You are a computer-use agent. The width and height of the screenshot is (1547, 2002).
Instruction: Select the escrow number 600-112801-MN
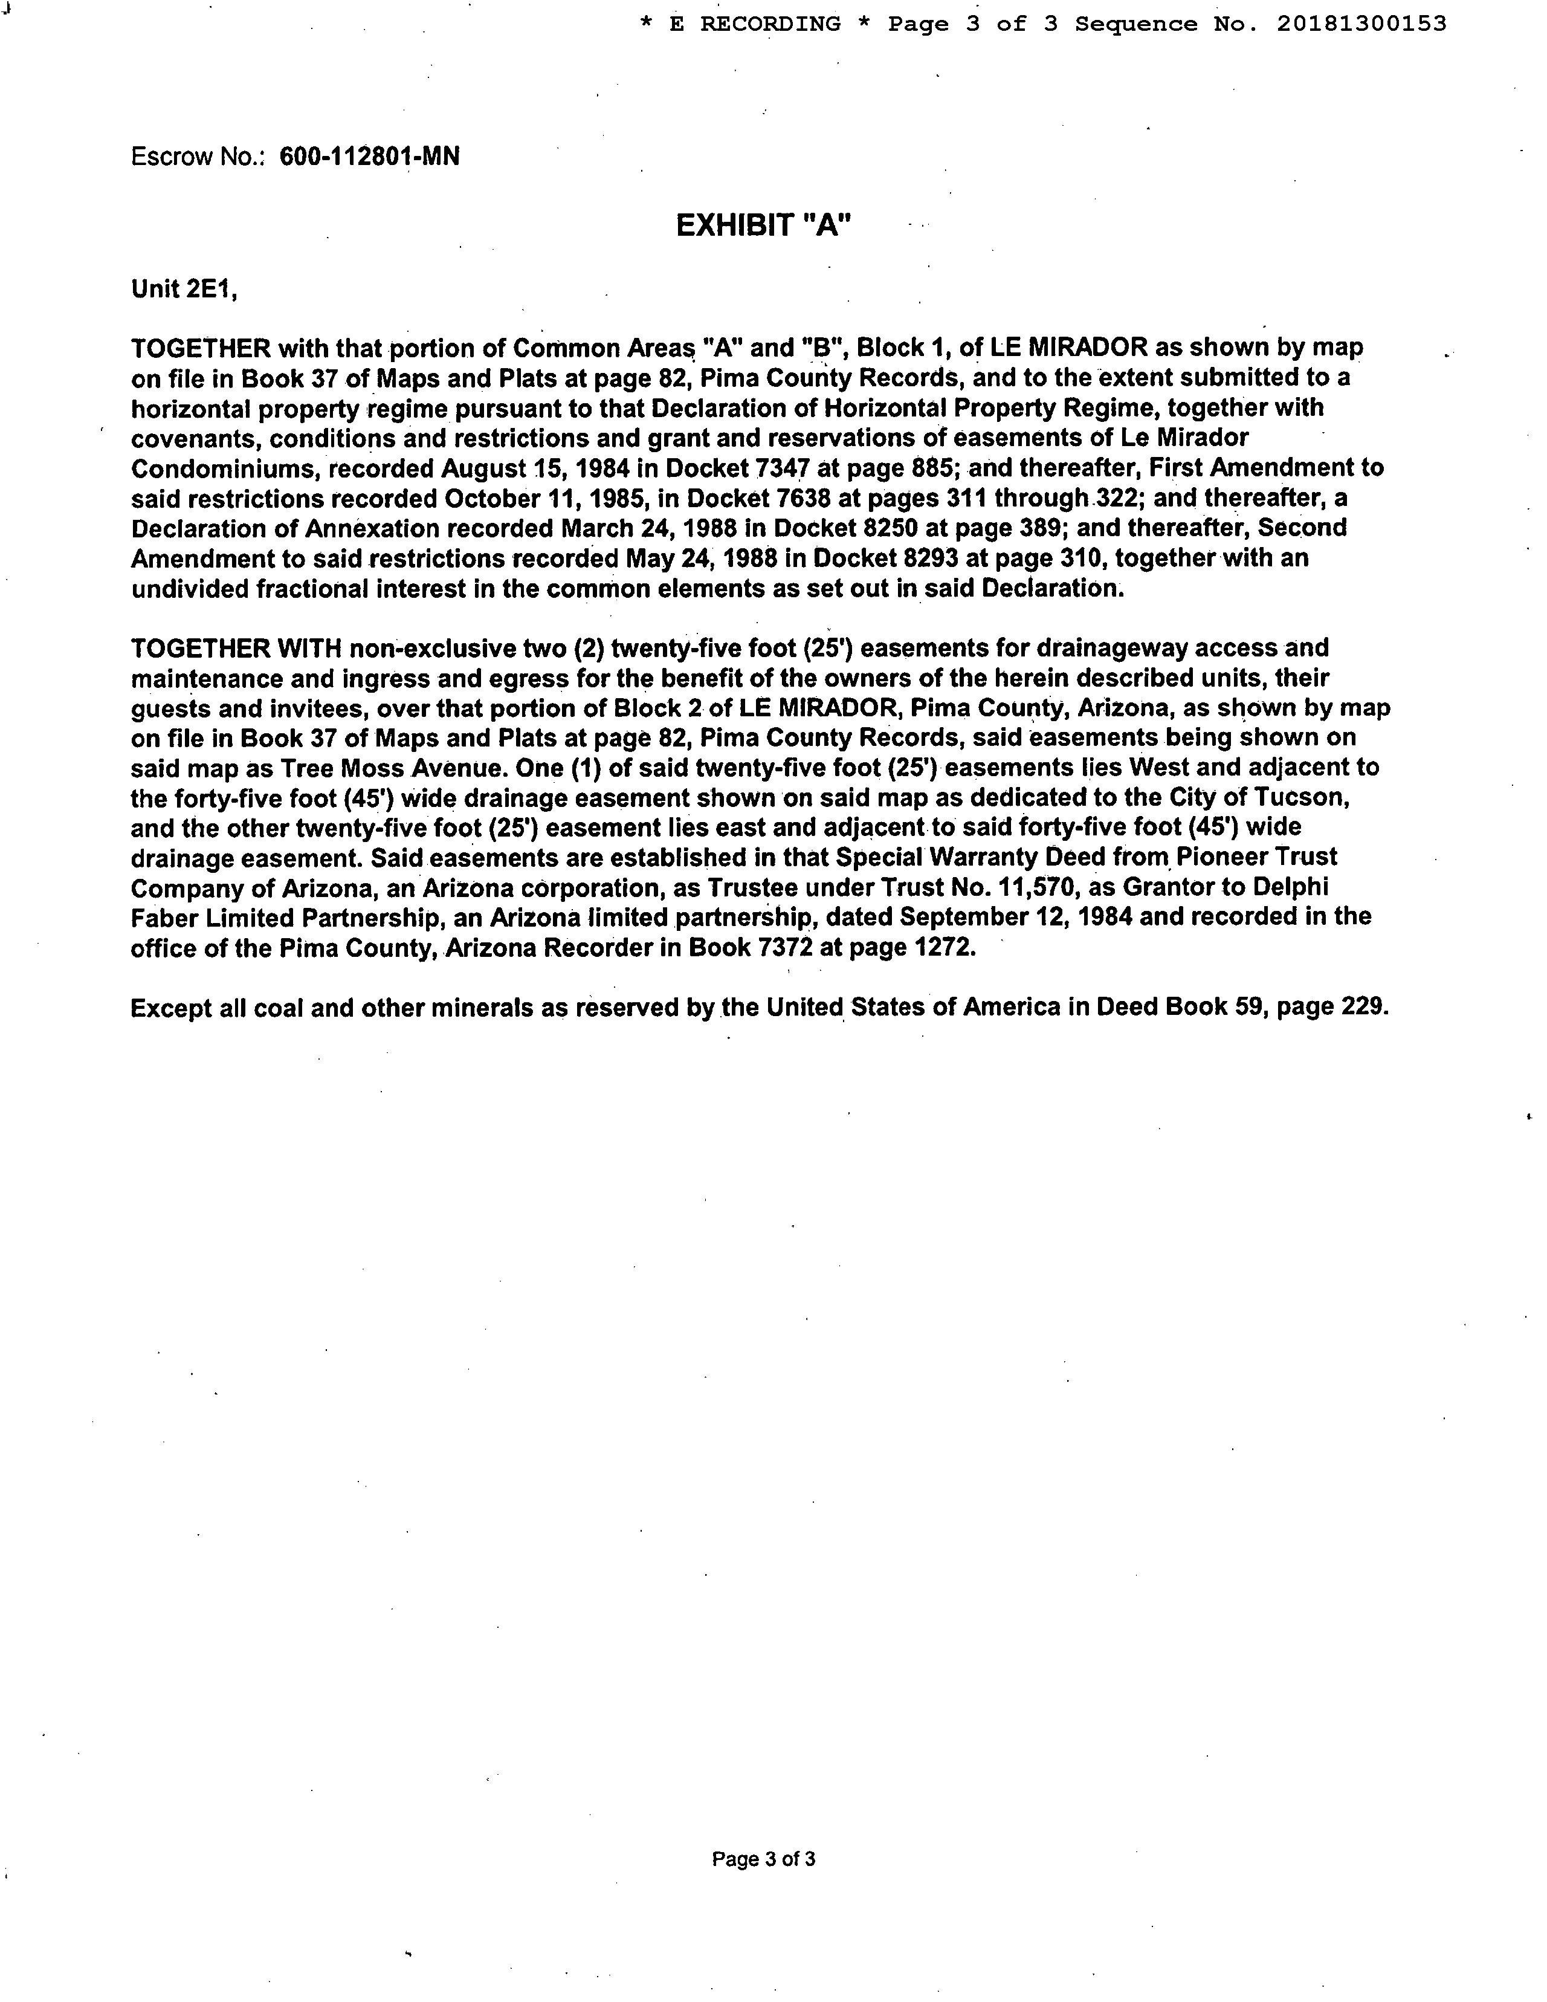coord(369,157)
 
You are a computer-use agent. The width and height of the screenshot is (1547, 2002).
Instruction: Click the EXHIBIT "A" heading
coord(763,225)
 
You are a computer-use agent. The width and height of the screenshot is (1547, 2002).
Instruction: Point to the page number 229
coord(1364,1008)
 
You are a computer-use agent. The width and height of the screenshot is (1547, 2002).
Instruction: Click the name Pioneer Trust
coord(1256,857)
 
